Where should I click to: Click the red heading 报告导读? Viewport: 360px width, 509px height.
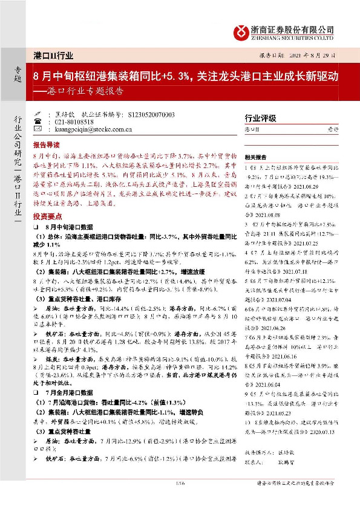[x=47, y=146]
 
